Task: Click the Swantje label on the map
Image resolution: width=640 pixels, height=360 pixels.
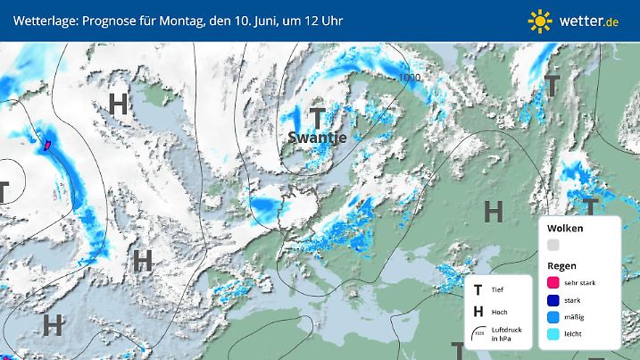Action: click(317, 137)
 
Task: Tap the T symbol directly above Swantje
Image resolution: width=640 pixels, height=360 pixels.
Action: click(317, 116)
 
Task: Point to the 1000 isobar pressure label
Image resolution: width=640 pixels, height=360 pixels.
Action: click(410, 78)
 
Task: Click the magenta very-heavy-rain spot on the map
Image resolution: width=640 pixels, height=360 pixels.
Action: click(46, 142)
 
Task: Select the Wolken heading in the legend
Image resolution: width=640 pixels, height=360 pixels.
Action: click(565, 229)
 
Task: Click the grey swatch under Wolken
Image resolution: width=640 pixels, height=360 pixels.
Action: click(553, 245)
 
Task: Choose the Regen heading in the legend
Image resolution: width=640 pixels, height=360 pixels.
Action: click(562, 266)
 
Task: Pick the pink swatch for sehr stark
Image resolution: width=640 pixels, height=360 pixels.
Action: click(553, 282)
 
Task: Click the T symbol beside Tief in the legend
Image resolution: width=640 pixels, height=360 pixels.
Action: click(478, 289)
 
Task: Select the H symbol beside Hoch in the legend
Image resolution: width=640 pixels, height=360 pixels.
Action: click(478, 312)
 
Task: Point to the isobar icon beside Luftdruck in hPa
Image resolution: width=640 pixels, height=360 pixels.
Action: click(479, 335)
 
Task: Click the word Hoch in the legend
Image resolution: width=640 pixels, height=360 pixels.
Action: click(500, 312)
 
